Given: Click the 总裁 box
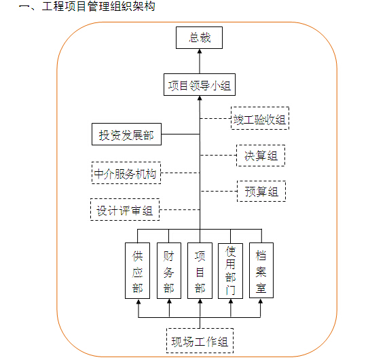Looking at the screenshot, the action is (x=199, y=38).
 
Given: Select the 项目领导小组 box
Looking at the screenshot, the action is (x=200, y=85).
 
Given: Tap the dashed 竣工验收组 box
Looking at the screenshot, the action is (x=260, y=118).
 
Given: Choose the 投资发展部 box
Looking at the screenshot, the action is (x=126, y=134).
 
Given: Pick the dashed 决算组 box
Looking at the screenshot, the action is (x=261, y=156).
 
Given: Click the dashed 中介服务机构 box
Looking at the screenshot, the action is (x=126, y=173).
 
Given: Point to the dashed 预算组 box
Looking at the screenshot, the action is (x=261, y=191).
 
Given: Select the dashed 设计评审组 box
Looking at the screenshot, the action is (x=125, y=209).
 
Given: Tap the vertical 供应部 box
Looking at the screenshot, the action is (x=137, y=270).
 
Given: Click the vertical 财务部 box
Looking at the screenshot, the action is (x=169, y=270).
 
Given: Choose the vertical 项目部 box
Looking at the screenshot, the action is (x=200, y=270).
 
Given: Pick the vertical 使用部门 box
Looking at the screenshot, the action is (x=230, y=271).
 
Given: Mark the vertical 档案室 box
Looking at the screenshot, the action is (x=261, y=270).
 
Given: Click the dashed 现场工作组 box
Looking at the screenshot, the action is (x=200, y=340).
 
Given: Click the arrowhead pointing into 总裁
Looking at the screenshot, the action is (x=200, y=51).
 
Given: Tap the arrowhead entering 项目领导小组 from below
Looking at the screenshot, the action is (x=200, y=98).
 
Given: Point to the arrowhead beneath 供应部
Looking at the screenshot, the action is (x=138, y=302).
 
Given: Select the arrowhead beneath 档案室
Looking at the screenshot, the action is (x=261, y=301).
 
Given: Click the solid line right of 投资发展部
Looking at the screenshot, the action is (x=181, y=134).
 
